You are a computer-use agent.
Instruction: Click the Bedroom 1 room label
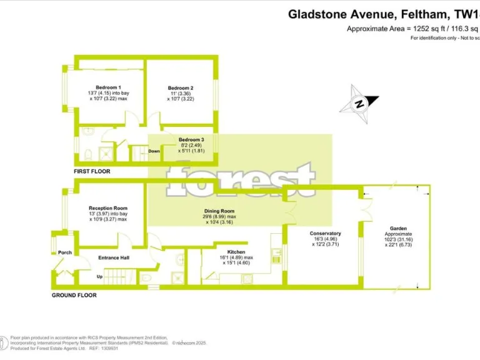(x=108, y=87)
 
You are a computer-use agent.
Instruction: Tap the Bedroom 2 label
(x=181, y=88)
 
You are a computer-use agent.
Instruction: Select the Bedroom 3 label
(x=191, y=139)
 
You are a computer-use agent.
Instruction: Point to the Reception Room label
(x=107, y=208)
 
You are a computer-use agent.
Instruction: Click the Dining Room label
(x=219, y=211)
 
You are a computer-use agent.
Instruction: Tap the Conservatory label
(x=325, y=233)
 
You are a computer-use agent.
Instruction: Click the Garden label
(x=398, y=229)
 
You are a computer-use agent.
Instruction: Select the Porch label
(x=65, y=252)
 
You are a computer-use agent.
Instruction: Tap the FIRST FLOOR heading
(x=92, y=171)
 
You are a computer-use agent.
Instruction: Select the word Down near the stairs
(x=154, y=151)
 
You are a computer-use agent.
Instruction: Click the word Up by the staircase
(x=99, y=276)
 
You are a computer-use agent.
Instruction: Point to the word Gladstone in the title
(x=319, y=13)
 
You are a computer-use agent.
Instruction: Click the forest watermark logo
(x=241, y=177)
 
